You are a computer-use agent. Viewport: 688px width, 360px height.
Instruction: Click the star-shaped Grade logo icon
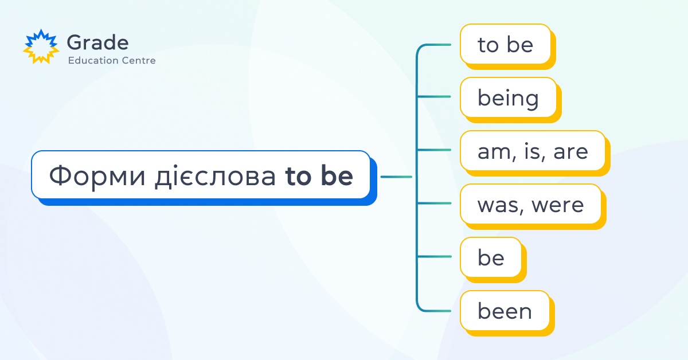click(x=41, y=46)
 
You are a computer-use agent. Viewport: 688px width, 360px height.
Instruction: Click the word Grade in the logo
click(x=97, y=42)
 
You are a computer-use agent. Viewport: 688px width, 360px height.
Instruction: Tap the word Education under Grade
click(x=89, y=60)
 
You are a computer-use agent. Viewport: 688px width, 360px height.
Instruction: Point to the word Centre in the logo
click(x=135, y=61)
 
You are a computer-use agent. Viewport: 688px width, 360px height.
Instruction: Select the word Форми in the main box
click(x=97, y=176)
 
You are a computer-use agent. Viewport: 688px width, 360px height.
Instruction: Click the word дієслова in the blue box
click(x=215, y=175)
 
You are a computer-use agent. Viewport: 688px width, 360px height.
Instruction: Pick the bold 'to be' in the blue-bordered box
click(x=319, y=175)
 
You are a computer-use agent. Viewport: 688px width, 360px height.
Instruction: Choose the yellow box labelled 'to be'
click(x=508, y=46)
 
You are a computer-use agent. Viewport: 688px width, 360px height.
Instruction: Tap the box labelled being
click(x=511, y=100)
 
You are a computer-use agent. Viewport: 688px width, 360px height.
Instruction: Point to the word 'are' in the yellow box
click(x=570, y=152)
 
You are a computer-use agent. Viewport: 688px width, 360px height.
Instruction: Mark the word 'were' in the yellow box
click(x=557, y=205)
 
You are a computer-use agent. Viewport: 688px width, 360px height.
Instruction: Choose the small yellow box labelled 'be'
click(x=493, y=260)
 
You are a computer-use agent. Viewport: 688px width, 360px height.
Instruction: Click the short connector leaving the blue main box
click(x=396, y=177)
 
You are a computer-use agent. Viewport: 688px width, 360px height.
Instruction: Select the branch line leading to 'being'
click(x=433, y=96)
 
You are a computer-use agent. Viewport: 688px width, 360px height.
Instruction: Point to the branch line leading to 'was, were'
click(x=433, y=203)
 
